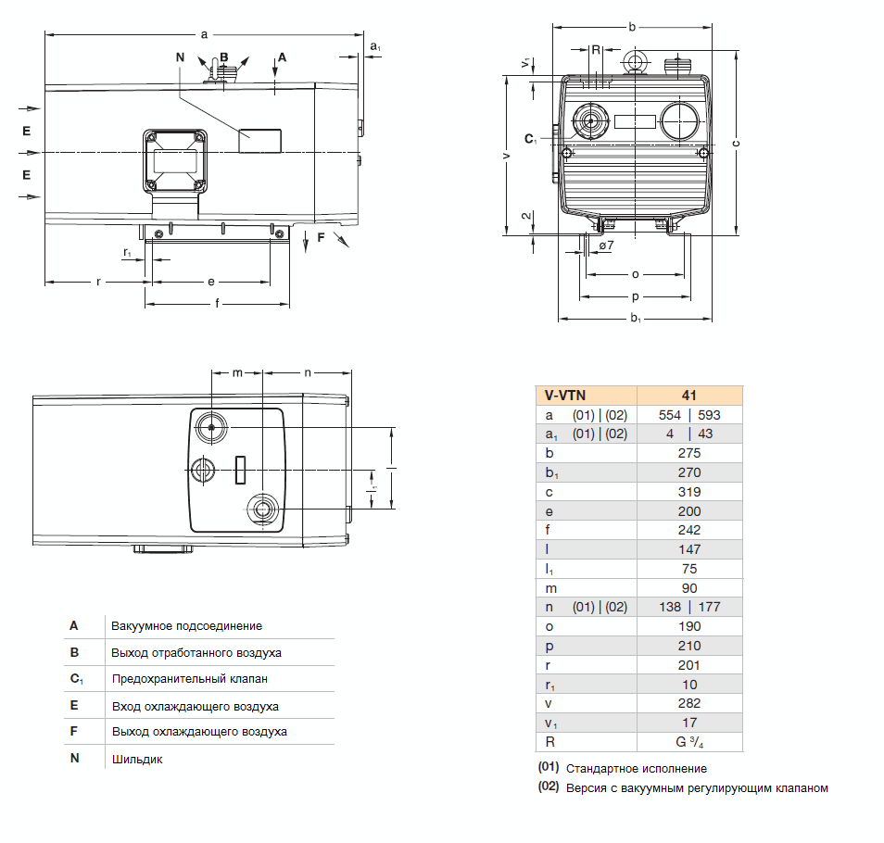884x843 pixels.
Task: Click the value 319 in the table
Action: coord(688,492)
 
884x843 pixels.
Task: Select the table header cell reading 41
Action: coord(688,395)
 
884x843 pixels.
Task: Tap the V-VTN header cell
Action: coord(564,395)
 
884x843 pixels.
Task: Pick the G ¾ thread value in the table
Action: coord(689,742)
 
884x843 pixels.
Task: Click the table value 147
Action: coord(688,549)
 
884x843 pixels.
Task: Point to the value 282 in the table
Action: coord(688,703)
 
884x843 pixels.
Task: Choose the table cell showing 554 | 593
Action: coord(688,415)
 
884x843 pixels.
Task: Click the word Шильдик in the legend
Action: coord(137,760)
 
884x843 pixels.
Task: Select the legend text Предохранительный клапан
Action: coord(189,679)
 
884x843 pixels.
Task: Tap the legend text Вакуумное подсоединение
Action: coord(186,626)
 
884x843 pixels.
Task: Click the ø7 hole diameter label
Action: coord(606,245)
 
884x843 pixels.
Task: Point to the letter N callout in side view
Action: coord(179,57)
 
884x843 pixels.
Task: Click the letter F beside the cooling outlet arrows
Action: coord(321,238)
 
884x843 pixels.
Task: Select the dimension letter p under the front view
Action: coord(635,297)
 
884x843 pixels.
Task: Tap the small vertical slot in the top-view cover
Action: coord(239,470)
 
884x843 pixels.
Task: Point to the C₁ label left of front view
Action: coord(530,139)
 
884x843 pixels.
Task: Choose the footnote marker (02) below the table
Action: coord(549,788)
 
